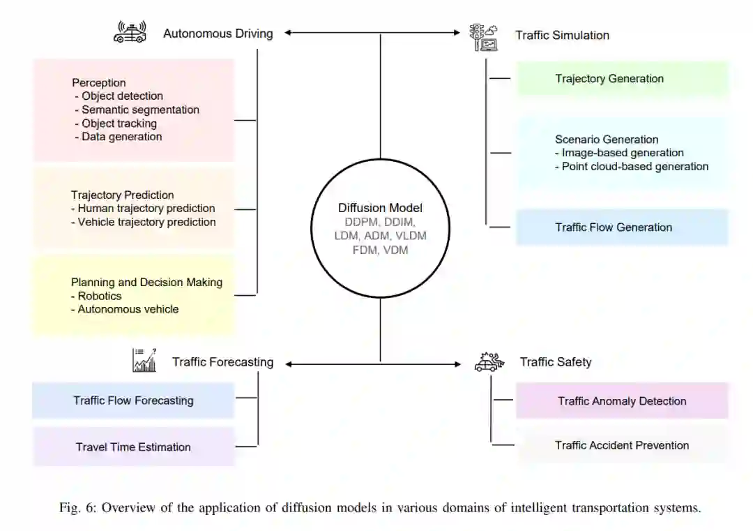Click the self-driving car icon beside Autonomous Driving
130,32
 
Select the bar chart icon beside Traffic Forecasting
144,360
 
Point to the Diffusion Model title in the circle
380,208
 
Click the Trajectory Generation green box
622,79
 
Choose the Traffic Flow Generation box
622,227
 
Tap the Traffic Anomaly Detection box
622,401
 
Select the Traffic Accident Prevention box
622,445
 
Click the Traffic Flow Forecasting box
133,401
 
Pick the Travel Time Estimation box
133,447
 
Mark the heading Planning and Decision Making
146,283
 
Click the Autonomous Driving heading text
218,33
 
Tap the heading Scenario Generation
607,139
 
